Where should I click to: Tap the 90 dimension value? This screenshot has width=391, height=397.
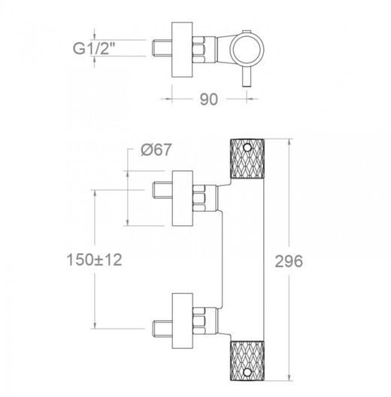(209, 99)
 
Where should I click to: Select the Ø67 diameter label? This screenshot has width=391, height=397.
(156, 150)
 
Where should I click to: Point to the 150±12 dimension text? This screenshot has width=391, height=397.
(94, 260)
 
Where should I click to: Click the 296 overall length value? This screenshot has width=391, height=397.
(289, 261)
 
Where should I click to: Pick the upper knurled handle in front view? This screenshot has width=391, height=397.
(247, 159)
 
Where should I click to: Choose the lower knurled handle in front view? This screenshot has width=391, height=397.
(247, 361)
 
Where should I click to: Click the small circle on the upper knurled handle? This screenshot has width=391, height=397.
(247, 148)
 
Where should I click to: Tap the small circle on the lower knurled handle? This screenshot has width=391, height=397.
(247, 371)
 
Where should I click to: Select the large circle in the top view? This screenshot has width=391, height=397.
(247, 48)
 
